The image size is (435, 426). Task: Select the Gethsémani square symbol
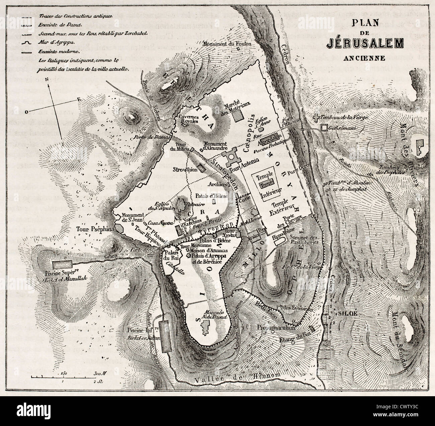click(x=324, y=128)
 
